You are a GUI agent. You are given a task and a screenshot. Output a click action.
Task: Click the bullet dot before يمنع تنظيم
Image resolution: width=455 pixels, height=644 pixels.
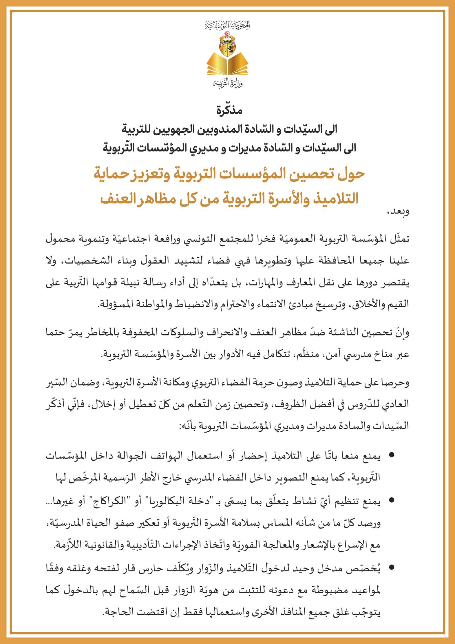click(x=392, y=500)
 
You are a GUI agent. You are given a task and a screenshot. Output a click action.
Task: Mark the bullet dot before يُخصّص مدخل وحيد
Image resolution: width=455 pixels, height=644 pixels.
click(x=392, y=568)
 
